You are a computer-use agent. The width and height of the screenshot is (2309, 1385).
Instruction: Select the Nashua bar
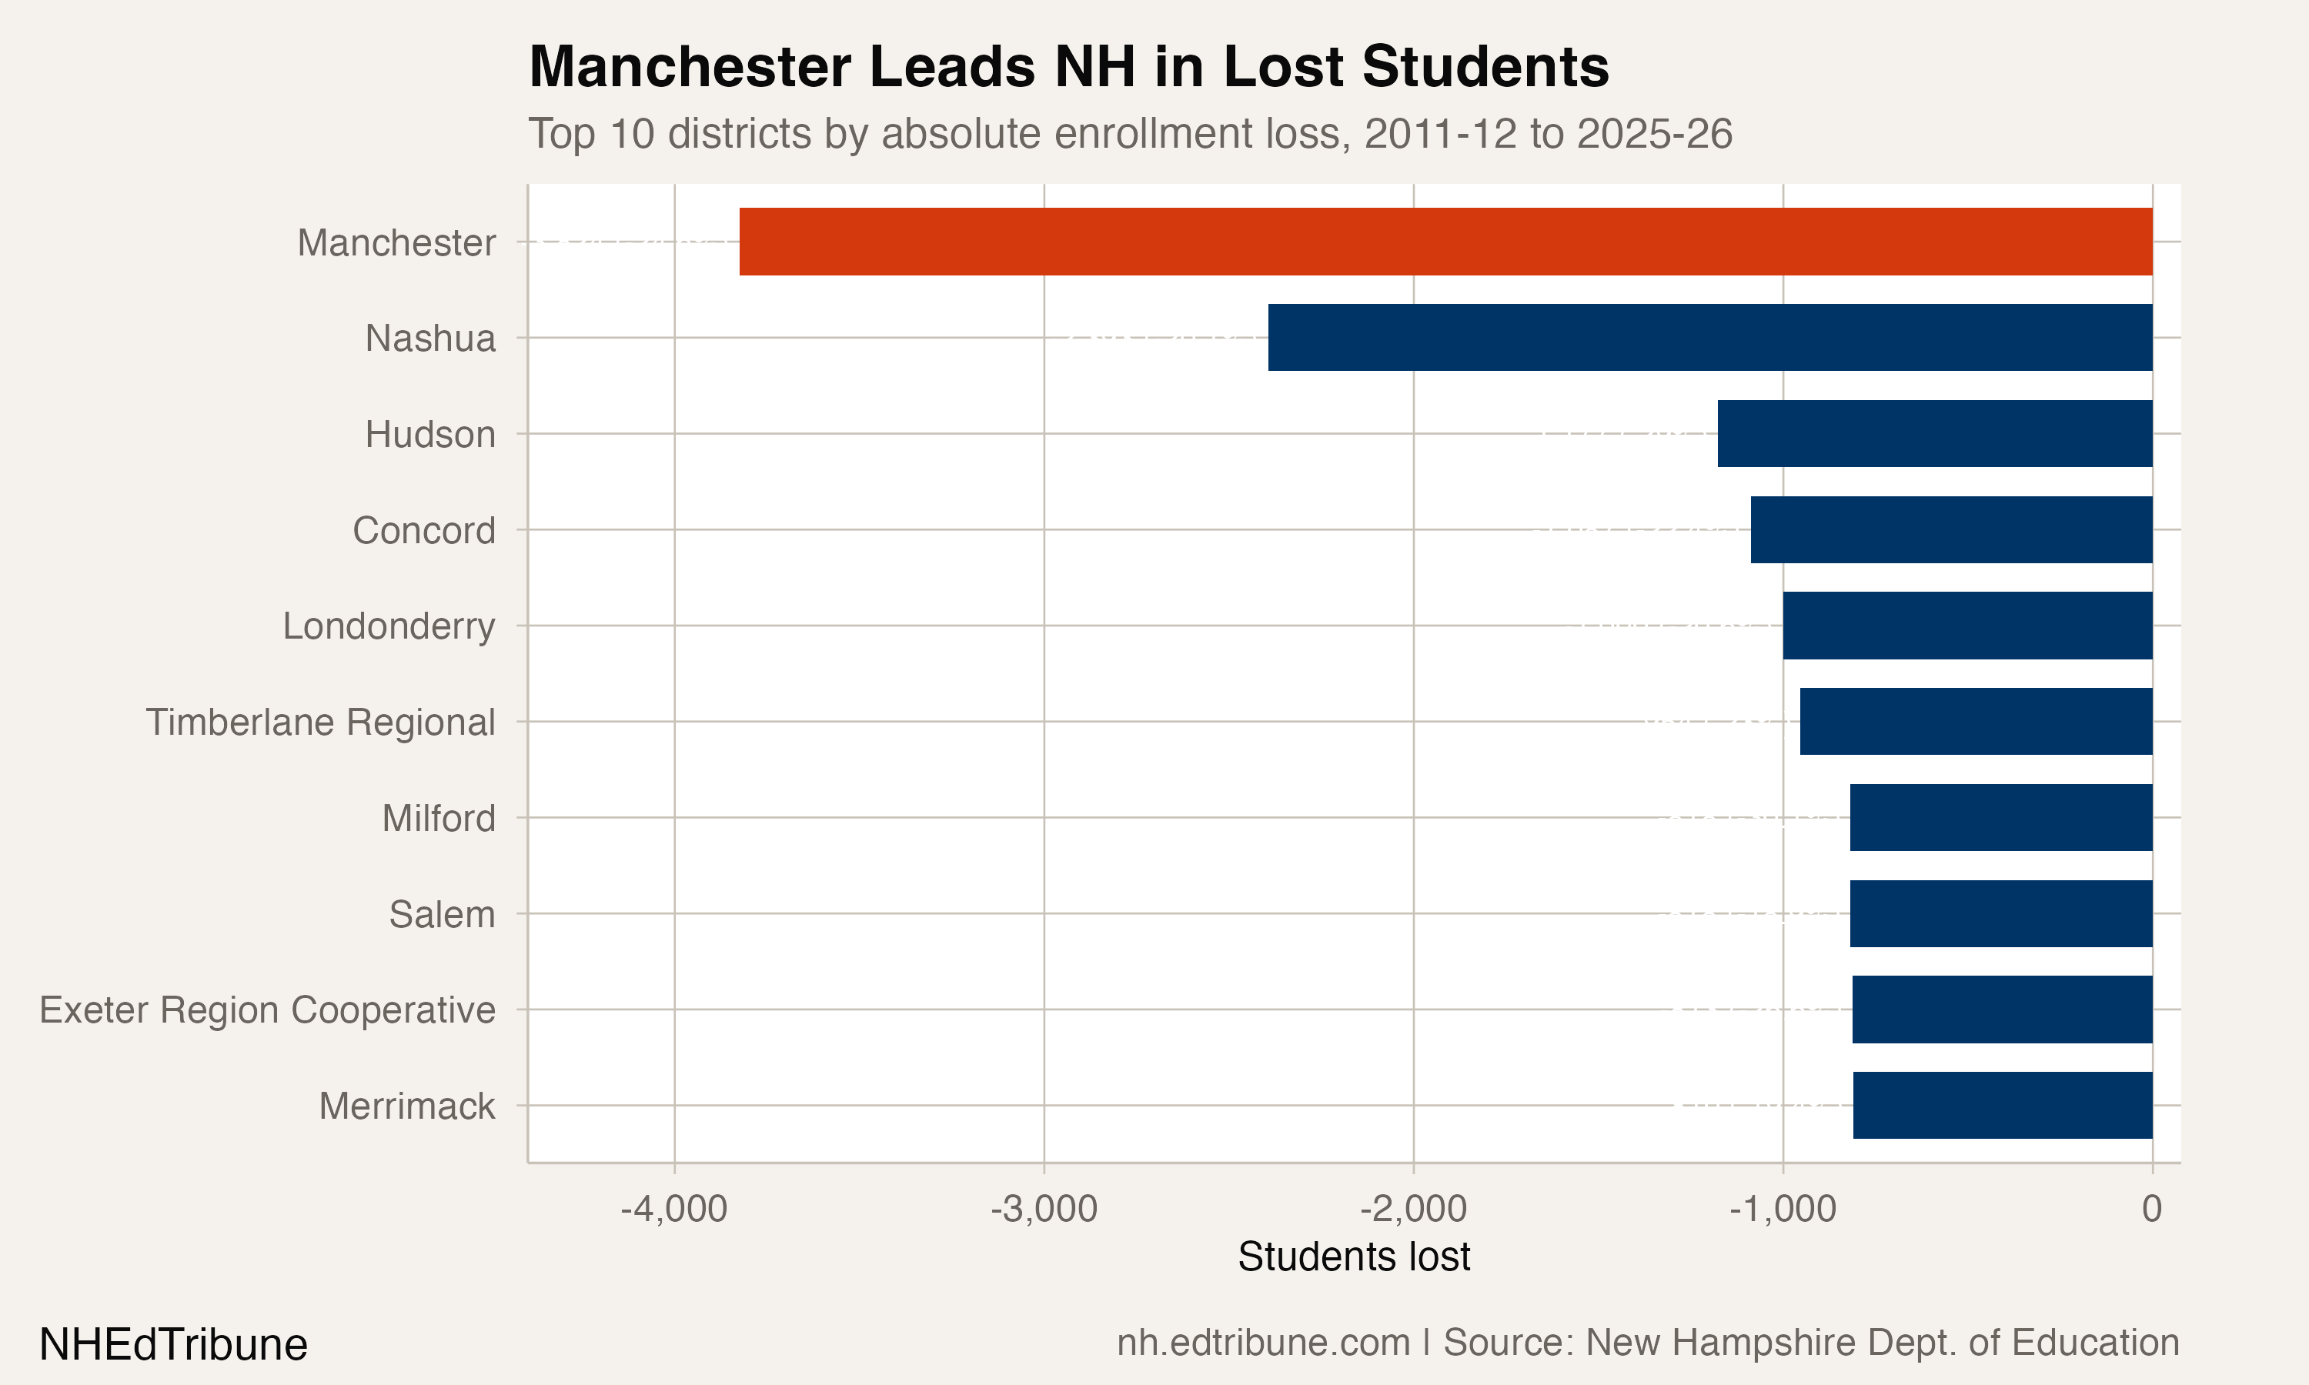tap(1710, 337)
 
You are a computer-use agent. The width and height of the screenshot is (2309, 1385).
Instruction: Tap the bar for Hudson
tap(1935, 433)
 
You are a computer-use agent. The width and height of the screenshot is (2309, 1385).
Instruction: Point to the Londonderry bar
tap(1967, 626)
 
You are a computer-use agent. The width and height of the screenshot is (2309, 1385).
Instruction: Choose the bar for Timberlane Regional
tap(1976, 722)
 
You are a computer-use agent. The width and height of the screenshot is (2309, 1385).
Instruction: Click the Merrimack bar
tap(2002, 1105)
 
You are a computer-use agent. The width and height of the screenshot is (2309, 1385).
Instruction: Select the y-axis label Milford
tap(439, 819)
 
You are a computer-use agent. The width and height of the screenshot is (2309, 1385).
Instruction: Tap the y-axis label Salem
tap(443, 915)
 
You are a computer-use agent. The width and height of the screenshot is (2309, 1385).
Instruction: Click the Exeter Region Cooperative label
tap(268, 1010)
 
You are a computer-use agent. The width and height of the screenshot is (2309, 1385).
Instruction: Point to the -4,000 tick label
tap(674, 1209)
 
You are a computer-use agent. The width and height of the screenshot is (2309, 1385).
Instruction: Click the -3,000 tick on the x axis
tap(1044, 1209)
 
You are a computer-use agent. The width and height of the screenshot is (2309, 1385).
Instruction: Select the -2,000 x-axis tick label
tap(1413, 1209)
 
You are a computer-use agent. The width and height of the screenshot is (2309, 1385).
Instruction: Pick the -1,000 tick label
tap(1783, 1209)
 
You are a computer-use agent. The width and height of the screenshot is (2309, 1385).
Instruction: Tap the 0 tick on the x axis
tap(2152, 1209)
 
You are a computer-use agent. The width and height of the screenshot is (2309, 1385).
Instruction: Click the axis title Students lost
tap(1353, 1257)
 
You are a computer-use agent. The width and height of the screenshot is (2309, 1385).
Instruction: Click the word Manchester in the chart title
tap(690, 67)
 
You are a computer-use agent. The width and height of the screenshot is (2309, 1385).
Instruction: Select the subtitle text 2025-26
tap(1655, 133)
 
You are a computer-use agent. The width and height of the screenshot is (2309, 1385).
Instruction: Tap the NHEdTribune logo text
tap(174, 1345)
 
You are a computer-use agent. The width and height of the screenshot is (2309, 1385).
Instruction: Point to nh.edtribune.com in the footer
tap(1264, 1343)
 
